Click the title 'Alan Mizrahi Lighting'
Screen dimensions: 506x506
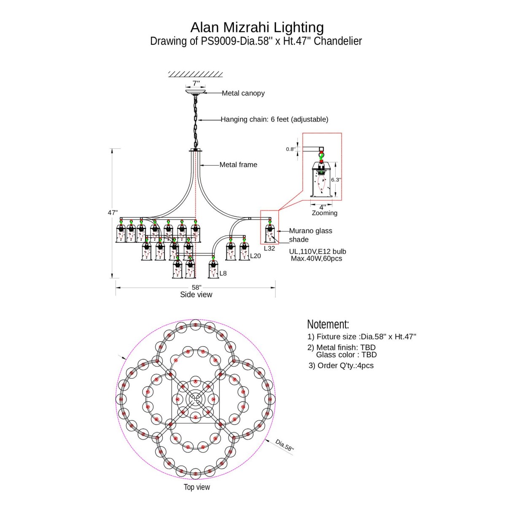(257, 27)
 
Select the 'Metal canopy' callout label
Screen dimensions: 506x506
(243, 93)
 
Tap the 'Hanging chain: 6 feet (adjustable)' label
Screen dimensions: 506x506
(274, 119)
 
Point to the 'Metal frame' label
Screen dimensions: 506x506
(238, 165)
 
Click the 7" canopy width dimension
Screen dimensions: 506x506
(196, 83)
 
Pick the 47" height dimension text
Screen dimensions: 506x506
(113, 213)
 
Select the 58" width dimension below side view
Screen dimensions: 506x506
(196, 287)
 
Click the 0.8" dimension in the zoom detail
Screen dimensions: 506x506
(290, 149)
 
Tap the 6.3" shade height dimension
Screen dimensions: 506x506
(336, 180)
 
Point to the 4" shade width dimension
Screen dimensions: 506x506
(323, 207)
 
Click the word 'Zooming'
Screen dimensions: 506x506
(324, 213)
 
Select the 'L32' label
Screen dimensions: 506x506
(269, 248)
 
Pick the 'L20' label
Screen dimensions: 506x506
(256, 256)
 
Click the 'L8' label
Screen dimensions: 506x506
(223, 273)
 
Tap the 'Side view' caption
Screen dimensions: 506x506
(196, 295)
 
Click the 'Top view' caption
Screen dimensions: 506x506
(196, 487)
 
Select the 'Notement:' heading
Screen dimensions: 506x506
(328, 324)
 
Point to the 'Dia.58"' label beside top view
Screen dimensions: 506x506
(284, 445)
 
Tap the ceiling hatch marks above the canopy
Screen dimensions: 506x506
(195, 74)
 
